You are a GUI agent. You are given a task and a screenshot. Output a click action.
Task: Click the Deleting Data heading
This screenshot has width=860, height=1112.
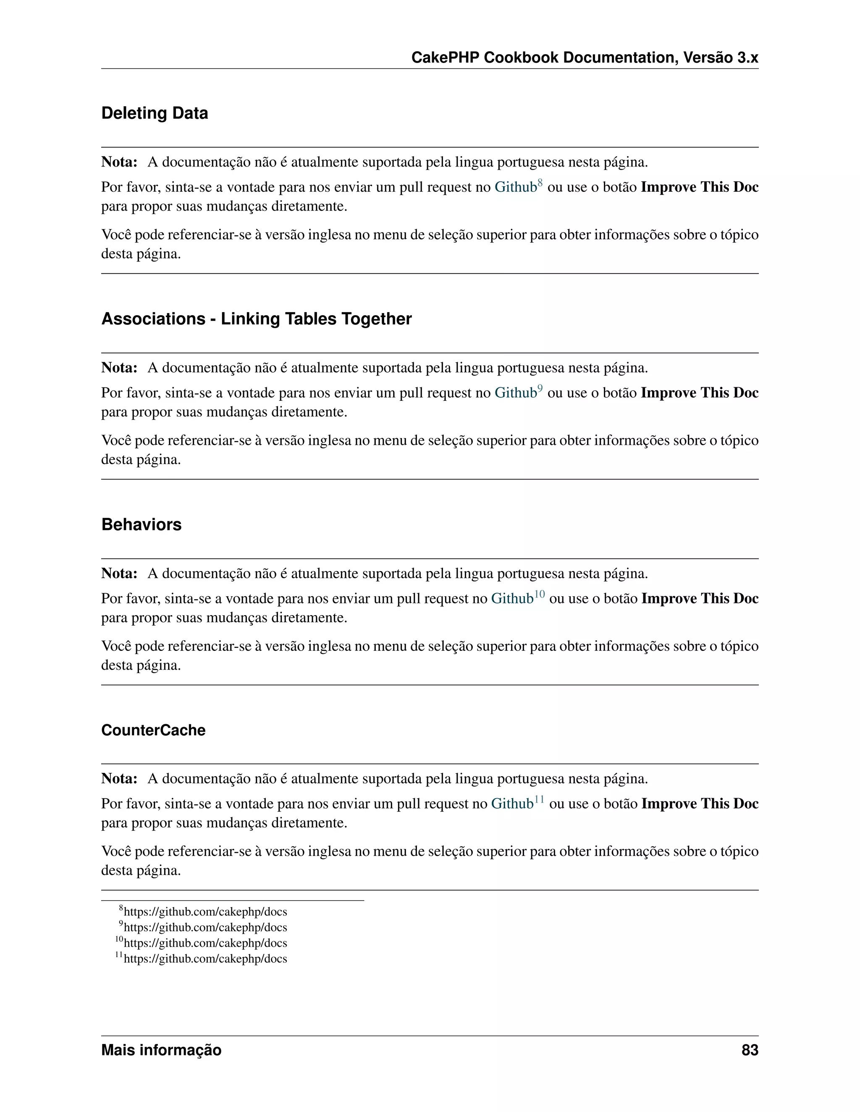click(155, 113)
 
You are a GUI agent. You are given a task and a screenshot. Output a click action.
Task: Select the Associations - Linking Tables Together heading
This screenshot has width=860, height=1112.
click(256, 319)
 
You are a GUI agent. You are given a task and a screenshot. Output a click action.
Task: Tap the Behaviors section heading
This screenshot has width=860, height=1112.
click(141, 525)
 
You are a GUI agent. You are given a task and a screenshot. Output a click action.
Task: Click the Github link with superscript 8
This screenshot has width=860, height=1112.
click(515, 188)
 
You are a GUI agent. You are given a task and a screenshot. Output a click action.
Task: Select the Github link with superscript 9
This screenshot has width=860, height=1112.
click(515, 393)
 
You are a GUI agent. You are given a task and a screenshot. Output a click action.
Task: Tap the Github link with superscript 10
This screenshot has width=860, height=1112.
click(511, 599)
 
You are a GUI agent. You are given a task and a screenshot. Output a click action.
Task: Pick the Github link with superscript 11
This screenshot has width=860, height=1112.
click(511, 804)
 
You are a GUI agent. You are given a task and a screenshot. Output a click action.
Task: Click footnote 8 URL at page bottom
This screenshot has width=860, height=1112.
click(205, 912)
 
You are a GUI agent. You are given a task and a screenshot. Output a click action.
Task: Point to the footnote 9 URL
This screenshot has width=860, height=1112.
click(205, 928)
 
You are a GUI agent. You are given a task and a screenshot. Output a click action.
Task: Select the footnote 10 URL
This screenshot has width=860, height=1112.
click(205, 943)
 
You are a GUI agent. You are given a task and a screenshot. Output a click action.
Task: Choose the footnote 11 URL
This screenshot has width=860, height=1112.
click(205, 959)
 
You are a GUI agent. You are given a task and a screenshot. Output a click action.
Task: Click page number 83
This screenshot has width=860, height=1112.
click(750, 1050)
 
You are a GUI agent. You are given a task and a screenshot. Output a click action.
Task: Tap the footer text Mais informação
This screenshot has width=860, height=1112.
click(161, 1050)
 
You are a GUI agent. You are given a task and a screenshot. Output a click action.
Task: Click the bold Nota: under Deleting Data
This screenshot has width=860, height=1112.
click(119, 162)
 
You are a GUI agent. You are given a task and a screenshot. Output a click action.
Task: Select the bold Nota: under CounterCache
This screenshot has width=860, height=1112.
click(119, 779)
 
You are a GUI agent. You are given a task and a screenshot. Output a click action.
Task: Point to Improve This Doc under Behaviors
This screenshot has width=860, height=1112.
click(700, 599)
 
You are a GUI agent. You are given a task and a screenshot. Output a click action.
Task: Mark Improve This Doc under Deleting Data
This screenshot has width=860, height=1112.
click(699, 188)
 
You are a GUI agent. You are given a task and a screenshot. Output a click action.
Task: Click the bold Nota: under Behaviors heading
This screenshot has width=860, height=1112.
click(119, 574)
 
